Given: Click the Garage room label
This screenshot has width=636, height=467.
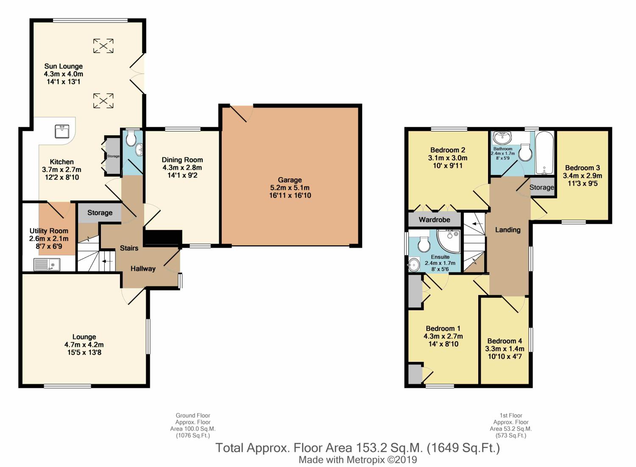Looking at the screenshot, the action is point(290,180).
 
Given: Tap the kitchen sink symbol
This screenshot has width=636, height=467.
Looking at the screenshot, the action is point(62,131).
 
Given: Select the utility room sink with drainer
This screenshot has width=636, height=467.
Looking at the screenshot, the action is point(47,265).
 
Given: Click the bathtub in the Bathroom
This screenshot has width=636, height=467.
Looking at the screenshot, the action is point(544,153).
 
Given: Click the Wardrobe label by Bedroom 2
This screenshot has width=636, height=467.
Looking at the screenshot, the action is point(435,220).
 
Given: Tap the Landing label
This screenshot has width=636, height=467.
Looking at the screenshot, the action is point(508,230).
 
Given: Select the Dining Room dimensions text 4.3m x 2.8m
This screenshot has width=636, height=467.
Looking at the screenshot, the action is point(182,168).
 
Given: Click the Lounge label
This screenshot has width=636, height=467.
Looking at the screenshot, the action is point(84,337).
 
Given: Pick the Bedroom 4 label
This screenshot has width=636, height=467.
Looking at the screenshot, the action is point(505,341).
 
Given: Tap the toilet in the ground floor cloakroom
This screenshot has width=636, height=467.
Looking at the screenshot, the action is point(131,138).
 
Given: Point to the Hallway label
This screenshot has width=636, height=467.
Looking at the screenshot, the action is point(143,269).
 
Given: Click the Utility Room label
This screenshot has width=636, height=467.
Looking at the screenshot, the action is point(49,231).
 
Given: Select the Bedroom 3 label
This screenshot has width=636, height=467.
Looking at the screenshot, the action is point(582,168).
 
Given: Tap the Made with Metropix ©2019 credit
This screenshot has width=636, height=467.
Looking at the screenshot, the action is point(358,460).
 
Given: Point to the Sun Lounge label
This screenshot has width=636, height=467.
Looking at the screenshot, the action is point(63,67).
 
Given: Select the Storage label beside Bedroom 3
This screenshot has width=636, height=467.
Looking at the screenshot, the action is point(542,187).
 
